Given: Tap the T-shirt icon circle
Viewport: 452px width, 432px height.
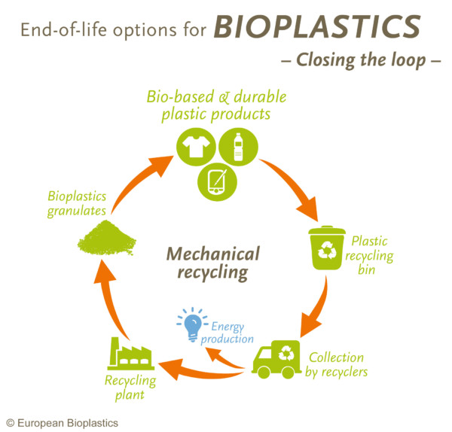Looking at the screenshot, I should [196, 148].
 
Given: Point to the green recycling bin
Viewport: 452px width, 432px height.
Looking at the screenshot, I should [328, 248].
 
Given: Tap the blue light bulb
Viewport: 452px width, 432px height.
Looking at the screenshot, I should [191, 324].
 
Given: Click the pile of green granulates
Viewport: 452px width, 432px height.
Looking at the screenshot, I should [105, 238].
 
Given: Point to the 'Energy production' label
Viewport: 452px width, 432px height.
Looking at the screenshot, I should [232, 333].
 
